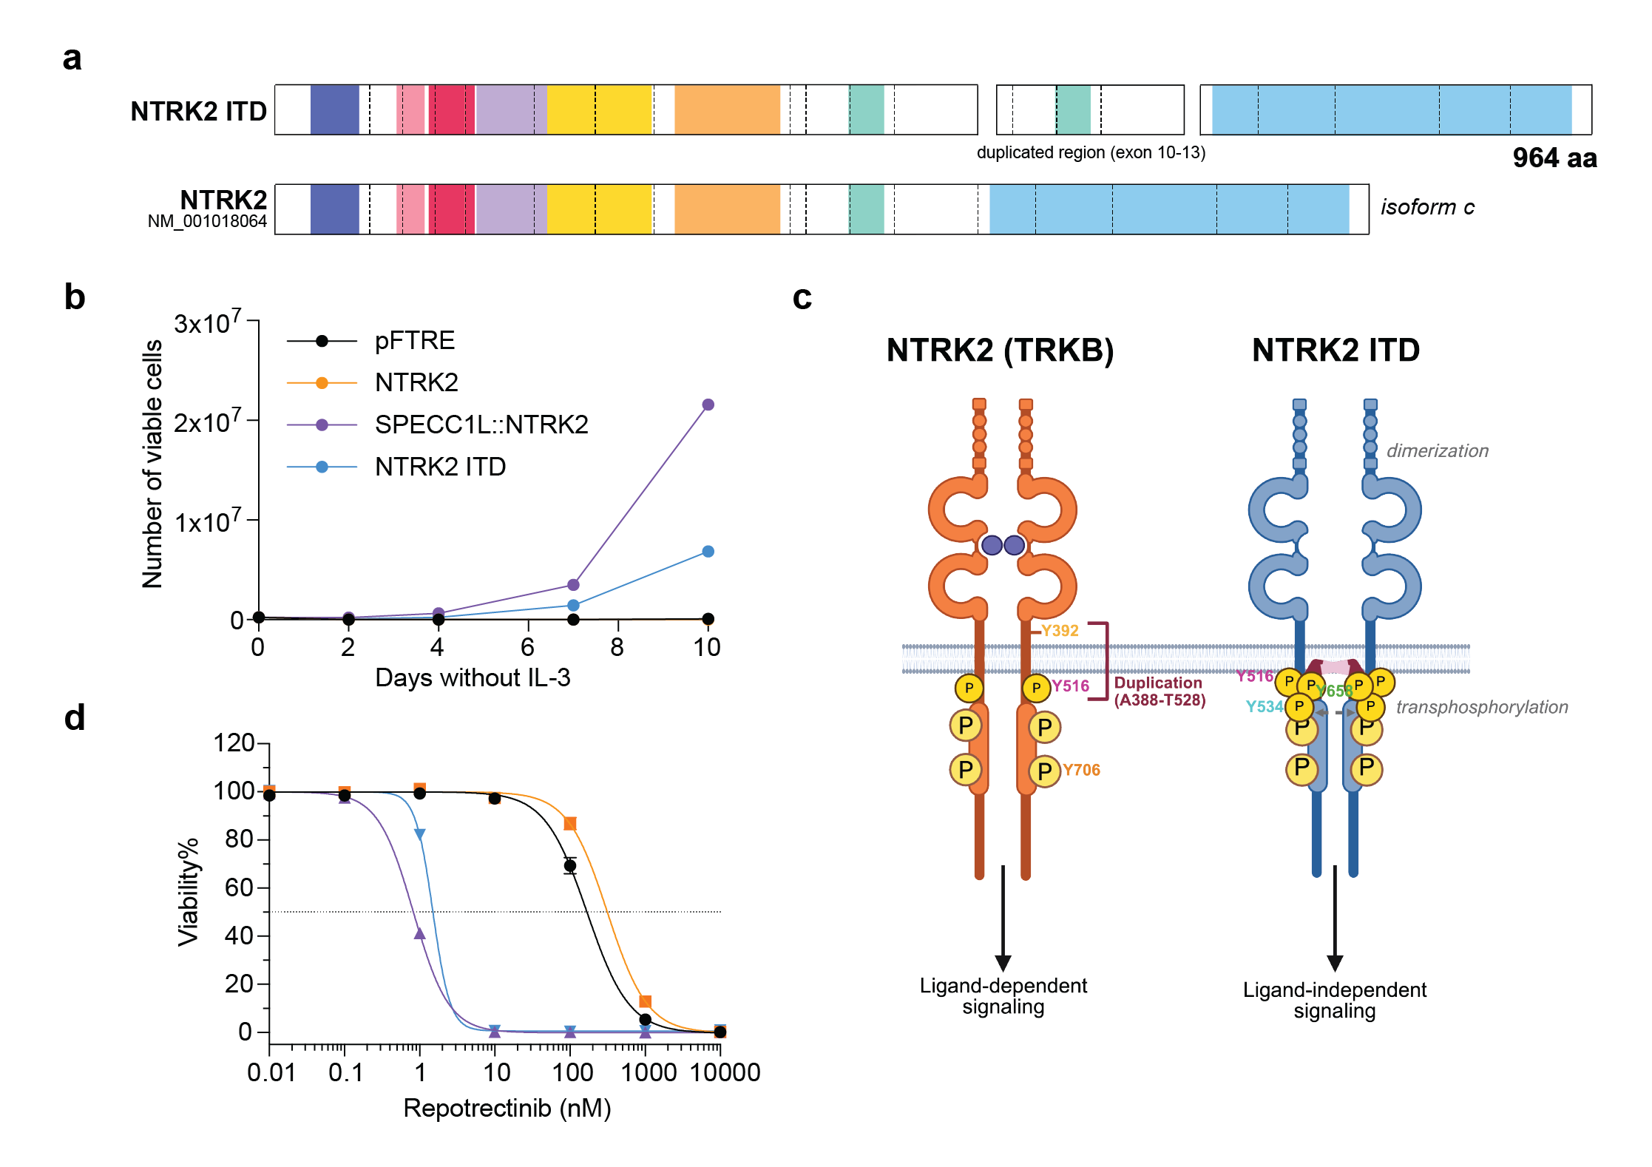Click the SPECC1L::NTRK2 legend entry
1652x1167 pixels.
[x=481, y=424]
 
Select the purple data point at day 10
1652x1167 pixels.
[x=708, y=405]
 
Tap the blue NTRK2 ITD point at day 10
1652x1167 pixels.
[x=708, y=552]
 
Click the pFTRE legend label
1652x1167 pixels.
[x=414, y=340]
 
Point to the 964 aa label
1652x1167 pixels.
[x=1554, y=158]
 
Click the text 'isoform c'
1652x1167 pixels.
[x=1427, y=207]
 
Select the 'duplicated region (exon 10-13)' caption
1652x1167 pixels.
[x=1091, y=152]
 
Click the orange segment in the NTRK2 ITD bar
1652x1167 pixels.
[x=727, y=109]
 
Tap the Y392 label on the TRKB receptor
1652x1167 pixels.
[x=1060, y=631]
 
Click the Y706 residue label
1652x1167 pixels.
[x=1081, y=770]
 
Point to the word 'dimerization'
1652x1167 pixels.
[x=1437, y=451]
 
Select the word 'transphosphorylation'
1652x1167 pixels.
[x=1482, y=707]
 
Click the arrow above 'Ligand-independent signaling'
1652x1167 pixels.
[x=1335, y=917]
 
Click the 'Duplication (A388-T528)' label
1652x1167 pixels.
[x=1159, y=691]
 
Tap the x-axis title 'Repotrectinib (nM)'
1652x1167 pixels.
[x=507, y=1108]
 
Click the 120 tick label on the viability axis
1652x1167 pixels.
[x=234, y=743]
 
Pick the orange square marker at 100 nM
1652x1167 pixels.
[x=570, y=824]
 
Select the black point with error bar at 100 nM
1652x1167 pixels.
[x=569, y=865]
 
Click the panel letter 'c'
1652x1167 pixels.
[x=802, y=297]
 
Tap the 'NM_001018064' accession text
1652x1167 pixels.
[x=207, y=222]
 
